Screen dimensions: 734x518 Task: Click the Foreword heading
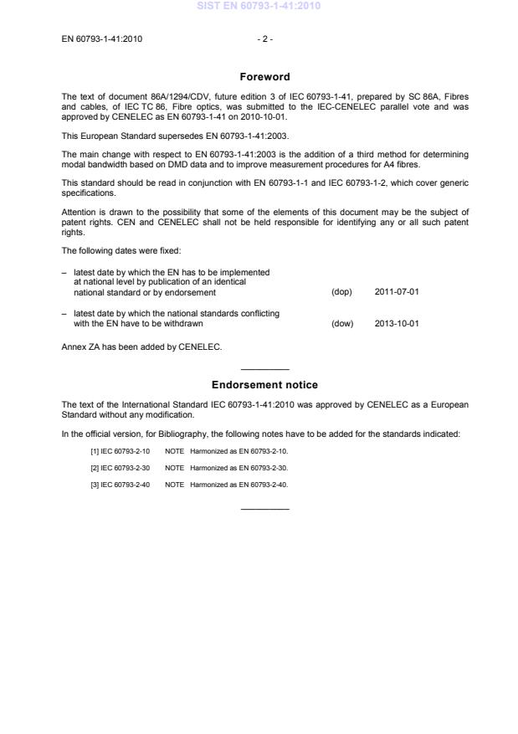[x=264, y=77]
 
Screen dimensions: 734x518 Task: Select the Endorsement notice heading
[x=264, y=385]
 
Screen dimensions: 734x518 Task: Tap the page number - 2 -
[x=264, y=38]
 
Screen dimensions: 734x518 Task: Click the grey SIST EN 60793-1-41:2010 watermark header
[x=259, y=7]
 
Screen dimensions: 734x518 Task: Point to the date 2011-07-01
[x=397, y=293]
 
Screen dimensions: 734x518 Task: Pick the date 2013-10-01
[x=397, y=323]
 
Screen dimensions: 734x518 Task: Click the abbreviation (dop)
[x=341, y=293]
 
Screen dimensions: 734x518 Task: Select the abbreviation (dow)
[x=342, y=323]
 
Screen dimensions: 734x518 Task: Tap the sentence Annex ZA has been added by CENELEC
[x=142, y=346]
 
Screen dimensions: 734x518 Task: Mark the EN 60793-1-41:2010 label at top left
[x=102, y=38]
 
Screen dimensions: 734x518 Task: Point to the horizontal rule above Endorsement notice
[x=264, y=369]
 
